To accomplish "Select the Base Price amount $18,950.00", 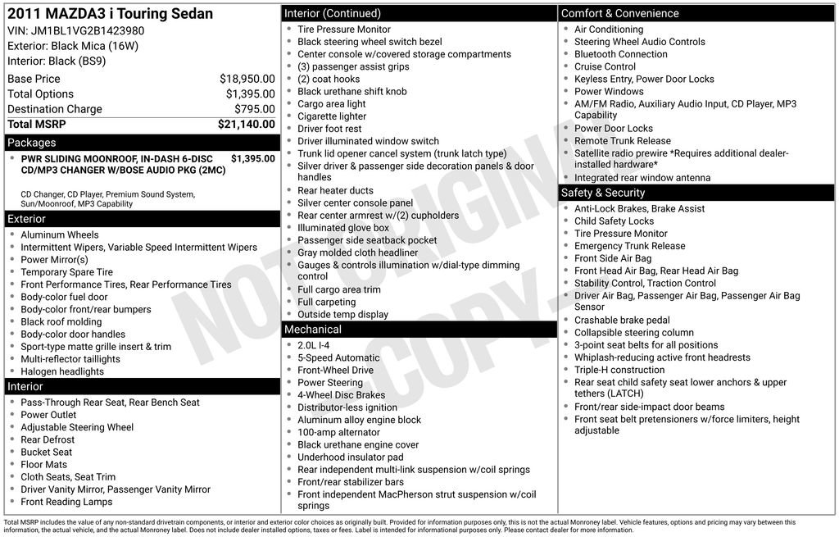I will point(247,79).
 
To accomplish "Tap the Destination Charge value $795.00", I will point(254,109).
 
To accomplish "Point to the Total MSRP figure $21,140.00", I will point(246,125).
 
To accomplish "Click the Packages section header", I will point(32,143).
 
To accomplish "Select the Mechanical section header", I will point(312,330).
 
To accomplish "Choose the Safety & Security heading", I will point(603,193).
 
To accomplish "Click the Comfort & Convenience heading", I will point(619,13).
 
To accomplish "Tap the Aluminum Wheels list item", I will point(60,235).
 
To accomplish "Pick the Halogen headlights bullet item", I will point(62,371).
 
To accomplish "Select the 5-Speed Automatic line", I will point(338,358).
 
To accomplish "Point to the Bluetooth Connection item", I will point(621,54).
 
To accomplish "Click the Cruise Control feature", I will point(605,66).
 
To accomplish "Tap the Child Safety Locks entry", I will point(614,221).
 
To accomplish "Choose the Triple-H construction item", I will point(619,370).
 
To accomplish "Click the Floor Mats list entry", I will point(44,465).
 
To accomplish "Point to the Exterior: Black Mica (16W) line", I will point(73,46).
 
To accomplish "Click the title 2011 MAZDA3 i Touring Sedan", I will point(110,14).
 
